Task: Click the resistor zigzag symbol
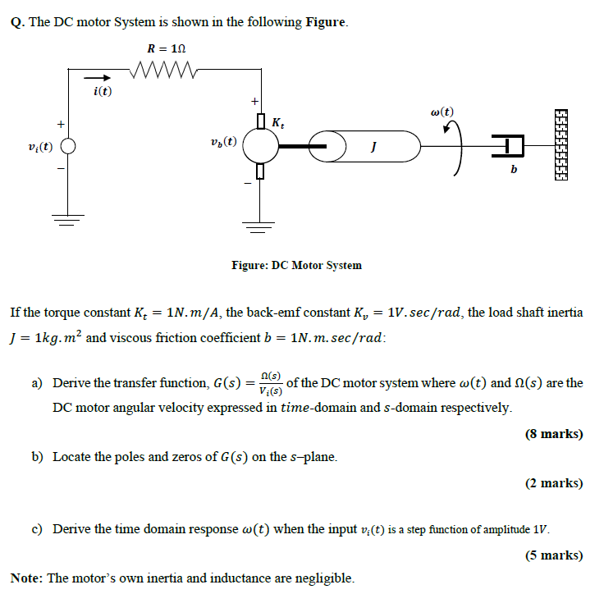171,69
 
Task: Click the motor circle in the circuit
260,148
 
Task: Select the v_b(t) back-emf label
224,141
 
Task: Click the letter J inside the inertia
373,148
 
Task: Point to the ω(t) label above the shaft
442,112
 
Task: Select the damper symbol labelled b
512,148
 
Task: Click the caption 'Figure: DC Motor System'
296,265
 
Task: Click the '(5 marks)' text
554,555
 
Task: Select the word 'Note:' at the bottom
26,578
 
